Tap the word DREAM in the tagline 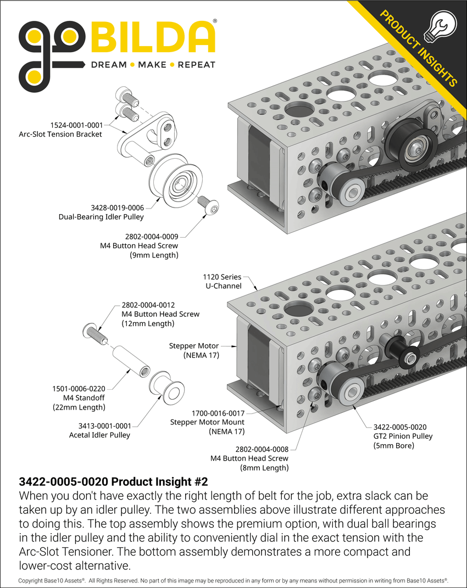[109, 65]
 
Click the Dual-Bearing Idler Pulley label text [101, 216]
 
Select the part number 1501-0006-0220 [76, 388]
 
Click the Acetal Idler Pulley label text [99, 435]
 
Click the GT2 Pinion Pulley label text [403, 436]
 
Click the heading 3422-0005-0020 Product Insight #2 [113, 482]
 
